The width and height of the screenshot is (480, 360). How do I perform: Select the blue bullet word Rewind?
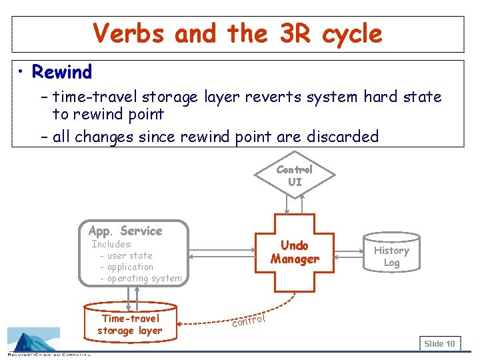62,71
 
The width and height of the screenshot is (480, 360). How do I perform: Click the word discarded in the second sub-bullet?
343,136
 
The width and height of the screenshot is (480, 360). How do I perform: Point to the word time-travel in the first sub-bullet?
94,97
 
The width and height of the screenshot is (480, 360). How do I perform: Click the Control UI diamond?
295,175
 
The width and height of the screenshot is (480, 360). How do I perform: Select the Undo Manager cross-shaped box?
295,253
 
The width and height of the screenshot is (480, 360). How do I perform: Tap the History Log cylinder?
391,252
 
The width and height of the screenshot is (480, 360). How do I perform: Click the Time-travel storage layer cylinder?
131,322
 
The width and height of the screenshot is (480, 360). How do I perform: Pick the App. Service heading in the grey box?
125,231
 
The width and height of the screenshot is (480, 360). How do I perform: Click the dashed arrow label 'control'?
248,321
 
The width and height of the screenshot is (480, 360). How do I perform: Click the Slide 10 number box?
440,343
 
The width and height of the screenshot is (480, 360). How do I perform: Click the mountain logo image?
34,339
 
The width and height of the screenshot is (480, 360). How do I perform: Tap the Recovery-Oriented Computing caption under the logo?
49,355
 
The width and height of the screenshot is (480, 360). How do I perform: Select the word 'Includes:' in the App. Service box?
111,244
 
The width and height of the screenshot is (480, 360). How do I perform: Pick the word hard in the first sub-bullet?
380,97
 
